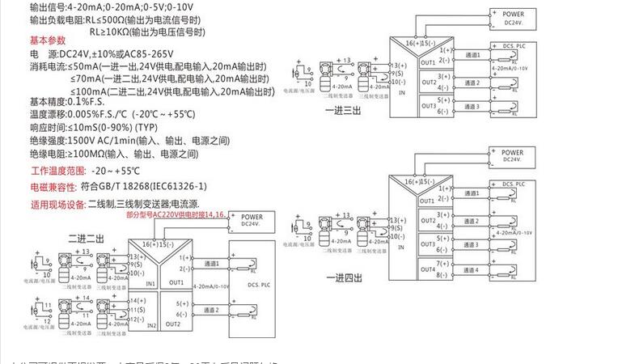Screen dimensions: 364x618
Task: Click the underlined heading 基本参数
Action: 48,40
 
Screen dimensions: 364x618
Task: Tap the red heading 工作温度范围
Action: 57,171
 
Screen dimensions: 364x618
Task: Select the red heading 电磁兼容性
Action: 54,187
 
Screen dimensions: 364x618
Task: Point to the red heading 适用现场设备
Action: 57,205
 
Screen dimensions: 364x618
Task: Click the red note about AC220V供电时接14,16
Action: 173,217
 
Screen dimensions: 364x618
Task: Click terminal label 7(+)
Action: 442,264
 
